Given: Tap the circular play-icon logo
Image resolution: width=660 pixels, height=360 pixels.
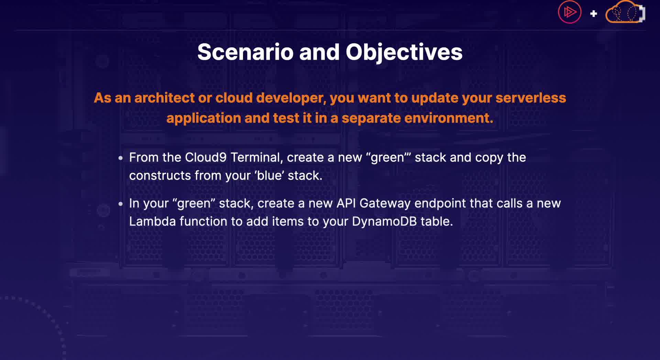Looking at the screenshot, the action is [570, 12].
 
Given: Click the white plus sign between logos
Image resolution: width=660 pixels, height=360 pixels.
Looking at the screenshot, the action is [594, 14].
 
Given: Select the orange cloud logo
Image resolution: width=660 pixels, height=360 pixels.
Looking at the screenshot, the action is [625, 12].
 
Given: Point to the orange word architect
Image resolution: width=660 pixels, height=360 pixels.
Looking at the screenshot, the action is [165, 98].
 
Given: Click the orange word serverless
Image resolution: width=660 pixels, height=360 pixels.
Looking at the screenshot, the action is [531, 98].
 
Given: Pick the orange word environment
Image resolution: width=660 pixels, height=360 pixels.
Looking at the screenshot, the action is [449, 118].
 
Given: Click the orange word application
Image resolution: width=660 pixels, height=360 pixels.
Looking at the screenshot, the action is [204, 119].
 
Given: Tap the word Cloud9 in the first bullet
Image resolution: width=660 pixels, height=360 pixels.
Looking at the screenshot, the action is [206, 157].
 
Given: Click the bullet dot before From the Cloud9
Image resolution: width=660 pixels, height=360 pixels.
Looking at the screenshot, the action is [120, 158].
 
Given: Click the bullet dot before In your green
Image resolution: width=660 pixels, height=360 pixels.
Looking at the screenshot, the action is [120, 204].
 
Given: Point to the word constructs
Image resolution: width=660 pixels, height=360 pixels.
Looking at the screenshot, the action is [160, 176].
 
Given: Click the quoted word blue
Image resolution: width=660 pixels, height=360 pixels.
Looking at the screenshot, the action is [269, 176].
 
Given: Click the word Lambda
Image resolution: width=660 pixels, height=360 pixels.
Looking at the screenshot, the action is [152, 222].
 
